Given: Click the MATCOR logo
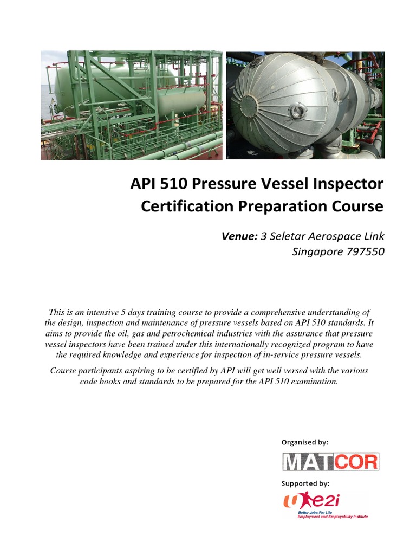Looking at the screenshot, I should pos(330,461).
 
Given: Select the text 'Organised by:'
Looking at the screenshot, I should pos(304,442).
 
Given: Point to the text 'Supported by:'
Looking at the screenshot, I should pos(305,483).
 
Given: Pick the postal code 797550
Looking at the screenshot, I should pos(363,251).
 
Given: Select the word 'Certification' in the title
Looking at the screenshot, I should pos(185,206).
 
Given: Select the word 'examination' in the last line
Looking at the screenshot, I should pos(311,381).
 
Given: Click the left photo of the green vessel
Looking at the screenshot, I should pos(132,105).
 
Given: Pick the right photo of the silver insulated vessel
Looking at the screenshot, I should pos(305,105).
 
